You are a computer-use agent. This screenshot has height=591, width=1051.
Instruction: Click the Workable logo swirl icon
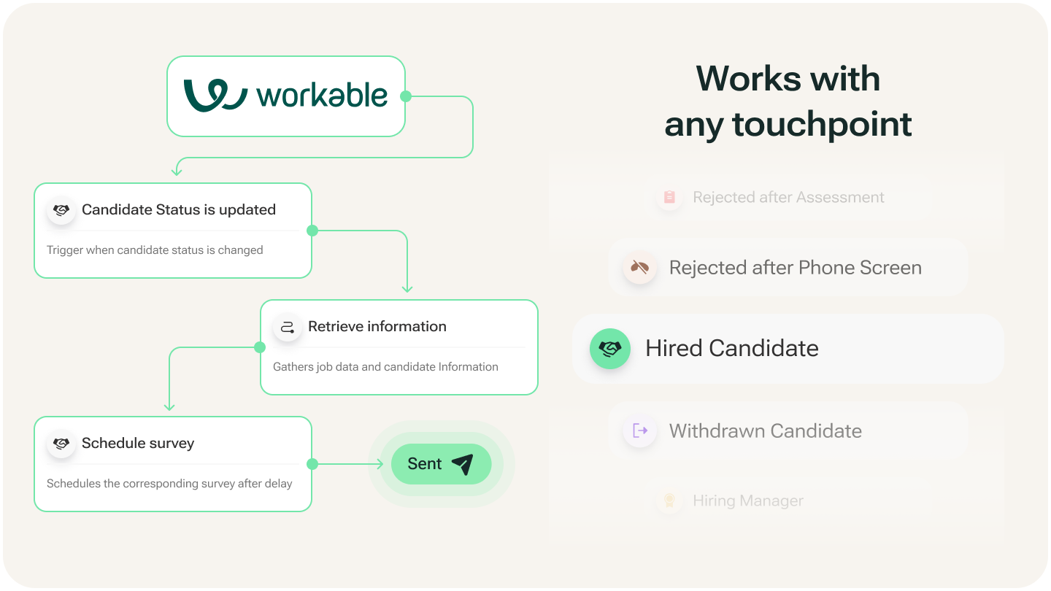(215, 96)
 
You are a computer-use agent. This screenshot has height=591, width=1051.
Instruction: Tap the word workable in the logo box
(322, 96)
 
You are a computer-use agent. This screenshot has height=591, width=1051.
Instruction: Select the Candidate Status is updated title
(179, 209)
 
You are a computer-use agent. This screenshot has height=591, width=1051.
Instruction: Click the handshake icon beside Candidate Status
(61, 210)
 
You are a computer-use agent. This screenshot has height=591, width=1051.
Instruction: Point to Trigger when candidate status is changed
(155, 250)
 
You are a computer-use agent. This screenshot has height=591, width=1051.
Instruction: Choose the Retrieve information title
(377, 326)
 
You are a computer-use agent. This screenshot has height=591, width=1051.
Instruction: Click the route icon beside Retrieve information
(288, 327)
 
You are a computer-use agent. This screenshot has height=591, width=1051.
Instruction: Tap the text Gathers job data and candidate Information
(385, 367)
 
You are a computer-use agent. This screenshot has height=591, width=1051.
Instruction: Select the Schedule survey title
(138, 443)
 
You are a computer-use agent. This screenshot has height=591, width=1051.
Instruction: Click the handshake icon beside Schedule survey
(61, 444)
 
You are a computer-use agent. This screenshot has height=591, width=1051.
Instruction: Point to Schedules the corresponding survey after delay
(169, 484)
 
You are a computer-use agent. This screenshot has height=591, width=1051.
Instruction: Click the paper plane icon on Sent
(462, 464)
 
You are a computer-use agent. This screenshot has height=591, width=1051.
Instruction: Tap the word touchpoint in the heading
(822, 124)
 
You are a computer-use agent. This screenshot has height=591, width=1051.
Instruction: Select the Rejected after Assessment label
(788, 197)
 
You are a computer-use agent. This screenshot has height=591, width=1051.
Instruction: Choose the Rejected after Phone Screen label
(795, 268)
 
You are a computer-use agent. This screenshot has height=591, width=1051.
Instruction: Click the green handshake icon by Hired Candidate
(609, 349)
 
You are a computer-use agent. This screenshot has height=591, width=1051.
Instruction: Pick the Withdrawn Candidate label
(765, 430)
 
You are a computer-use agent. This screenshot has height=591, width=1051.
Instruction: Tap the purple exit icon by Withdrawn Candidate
(640, 430)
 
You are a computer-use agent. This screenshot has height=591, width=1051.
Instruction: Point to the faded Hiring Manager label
(747, 501)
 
